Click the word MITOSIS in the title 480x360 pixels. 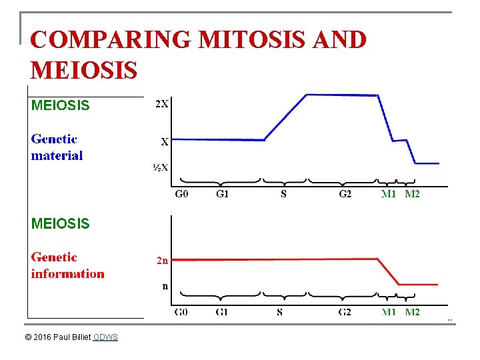251,39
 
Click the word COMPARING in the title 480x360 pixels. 111,39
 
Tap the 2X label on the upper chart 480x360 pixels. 161,104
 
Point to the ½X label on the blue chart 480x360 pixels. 161,167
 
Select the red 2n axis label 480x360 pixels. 162,260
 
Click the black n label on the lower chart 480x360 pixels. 165,286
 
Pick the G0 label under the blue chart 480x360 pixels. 181,194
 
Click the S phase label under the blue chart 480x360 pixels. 283,194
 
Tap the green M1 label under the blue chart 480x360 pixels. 389,194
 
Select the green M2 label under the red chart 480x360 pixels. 412,312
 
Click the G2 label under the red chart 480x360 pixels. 345,312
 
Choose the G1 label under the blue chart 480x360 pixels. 222,194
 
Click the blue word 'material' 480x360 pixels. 57,155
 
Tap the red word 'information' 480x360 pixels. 67,273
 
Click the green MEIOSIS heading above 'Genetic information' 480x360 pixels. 60,223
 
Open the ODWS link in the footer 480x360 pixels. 105,337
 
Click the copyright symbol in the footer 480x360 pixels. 28,337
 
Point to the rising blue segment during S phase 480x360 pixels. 285,117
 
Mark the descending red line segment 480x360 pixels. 388,272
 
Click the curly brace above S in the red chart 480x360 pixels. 285,296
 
